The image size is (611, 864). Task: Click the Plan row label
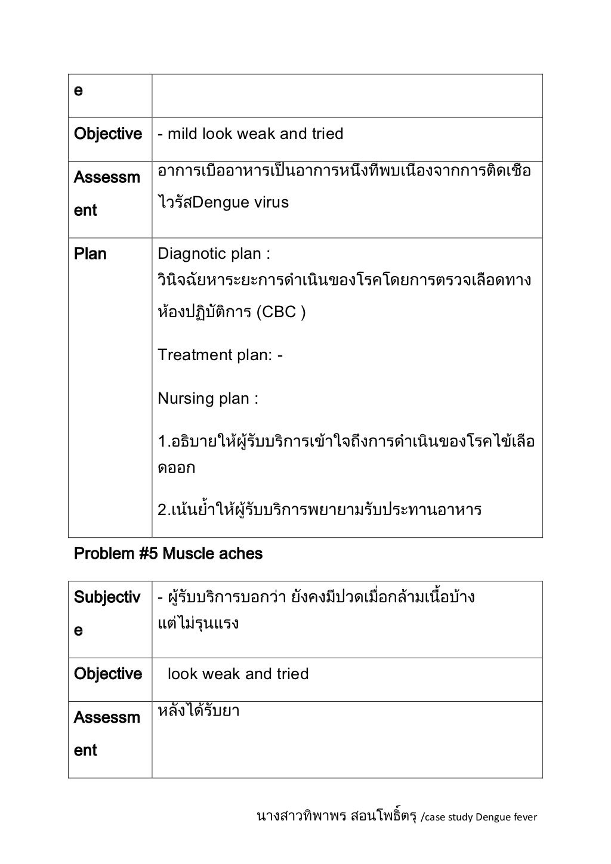click(90, 254)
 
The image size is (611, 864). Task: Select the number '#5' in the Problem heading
click(149, 554)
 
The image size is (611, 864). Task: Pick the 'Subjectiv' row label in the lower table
click(107, 597)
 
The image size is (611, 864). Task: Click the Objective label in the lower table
click(108, 674)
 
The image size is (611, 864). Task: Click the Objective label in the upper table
click(108, 134)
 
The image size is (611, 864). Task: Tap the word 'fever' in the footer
click(525, 817)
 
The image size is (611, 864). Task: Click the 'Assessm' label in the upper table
click(107, 178)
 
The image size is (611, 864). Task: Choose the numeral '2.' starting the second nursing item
click(163, 511)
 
